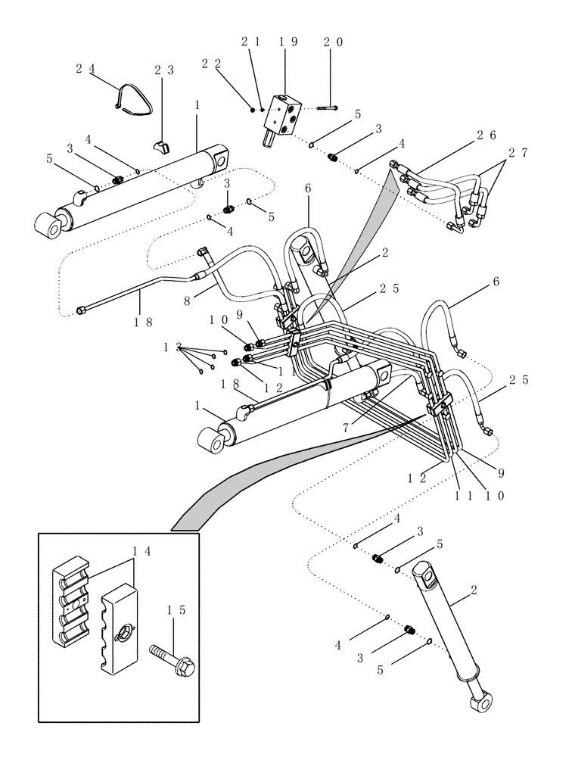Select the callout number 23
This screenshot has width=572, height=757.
click(x=164, y=70)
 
